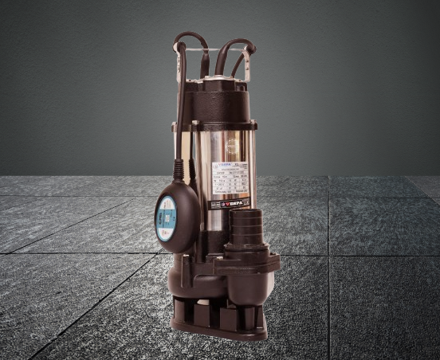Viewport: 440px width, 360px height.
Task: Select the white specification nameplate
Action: [x=229, y=182]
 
